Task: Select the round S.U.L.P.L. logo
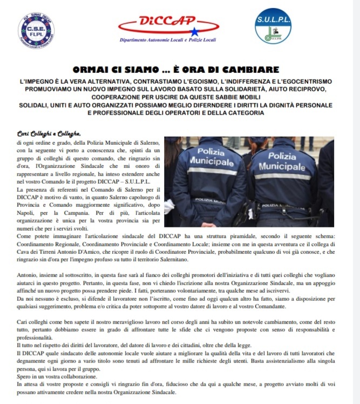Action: (x=273, y=26)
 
